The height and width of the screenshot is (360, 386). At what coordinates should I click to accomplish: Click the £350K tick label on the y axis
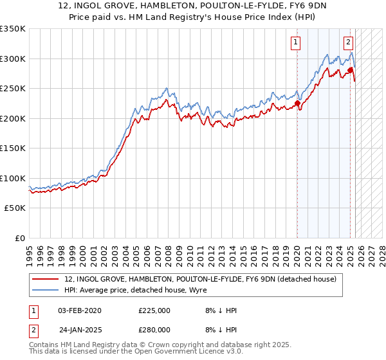pos(12,29)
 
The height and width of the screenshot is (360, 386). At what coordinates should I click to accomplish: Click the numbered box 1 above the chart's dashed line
pos(295,43)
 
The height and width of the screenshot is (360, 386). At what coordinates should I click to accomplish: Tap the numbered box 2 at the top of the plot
pos(348,43)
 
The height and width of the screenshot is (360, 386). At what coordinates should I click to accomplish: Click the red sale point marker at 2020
pos(297,103)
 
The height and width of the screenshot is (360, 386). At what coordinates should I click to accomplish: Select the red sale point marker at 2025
pos(351,70)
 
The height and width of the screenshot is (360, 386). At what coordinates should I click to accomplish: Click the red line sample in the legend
pos(45,279)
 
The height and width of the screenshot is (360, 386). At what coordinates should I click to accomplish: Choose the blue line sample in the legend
pos(45,290)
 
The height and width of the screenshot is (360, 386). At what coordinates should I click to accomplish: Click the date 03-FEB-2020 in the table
pos(80,310)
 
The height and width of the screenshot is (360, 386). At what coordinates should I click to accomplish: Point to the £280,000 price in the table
pos(154,328)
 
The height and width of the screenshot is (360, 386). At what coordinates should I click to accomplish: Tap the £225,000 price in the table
pos(154,310)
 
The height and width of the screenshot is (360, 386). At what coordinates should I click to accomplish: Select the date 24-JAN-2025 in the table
pos(80,328)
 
